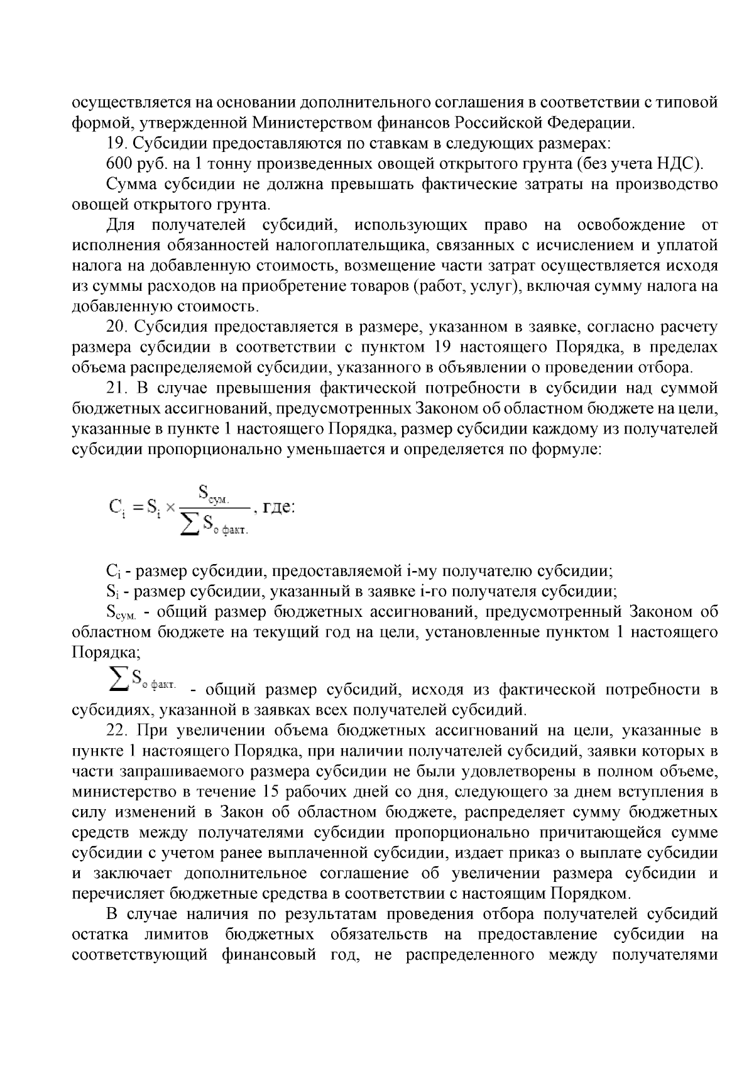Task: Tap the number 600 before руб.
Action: click(119, 163)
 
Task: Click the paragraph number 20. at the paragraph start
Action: click(117, 327)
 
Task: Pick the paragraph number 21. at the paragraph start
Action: click(117, 389)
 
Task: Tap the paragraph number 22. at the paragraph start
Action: click(117, 731)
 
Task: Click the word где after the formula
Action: click(278, 506)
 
